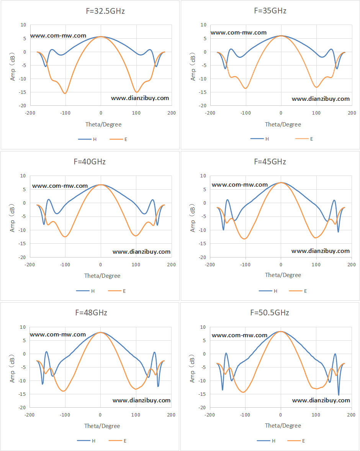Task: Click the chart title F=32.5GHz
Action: pos(105,11)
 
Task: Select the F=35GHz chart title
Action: pos(270,11)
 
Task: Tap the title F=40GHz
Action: pos(90,162)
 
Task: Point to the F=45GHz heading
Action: pos(270,162)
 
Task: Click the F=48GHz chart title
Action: pos(91,313)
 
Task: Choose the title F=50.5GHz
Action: pos(270,313)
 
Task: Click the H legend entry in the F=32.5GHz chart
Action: pos(87,139)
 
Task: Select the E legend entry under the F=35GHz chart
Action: pos(304,139)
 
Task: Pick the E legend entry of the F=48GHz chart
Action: pos(118,441)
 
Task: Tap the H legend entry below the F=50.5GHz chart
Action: pos(266,441)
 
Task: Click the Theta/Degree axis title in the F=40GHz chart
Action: pos(102,276)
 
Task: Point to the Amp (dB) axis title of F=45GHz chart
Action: pos(193,218)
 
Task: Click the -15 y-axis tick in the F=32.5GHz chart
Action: pos(23,92)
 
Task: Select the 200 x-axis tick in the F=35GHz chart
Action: pos(352,113)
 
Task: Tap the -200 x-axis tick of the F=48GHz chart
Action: pos(29,415)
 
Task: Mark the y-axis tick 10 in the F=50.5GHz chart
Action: pos(203,327)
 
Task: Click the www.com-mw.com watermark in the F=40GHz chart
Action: pos(60,186)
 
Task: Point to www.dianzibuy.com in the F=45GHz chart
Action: pos(321,251)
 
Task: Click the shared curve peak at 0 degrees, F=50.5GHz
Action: pos(281,331)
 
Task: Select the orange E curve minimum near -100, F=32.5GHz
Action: pos(65,93)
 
